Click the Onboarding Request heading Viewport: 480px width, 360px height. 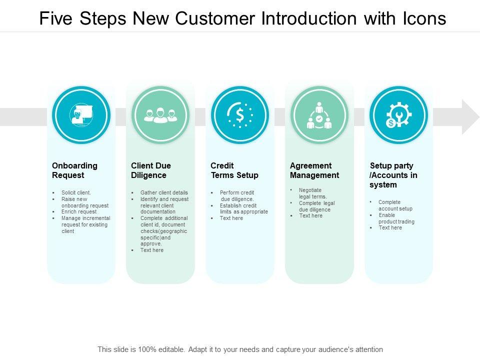(74, 170)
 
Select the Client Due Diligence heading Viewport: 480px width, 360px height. (151, 170)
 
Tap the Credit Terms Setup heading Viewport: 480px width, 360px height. (234, 170)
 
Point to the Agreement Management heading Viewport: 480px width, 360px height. (314, 170)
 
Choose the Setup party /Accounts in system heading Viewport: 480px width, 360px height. (393, 175)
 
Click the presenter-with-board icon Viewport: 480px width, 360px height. (81, 115)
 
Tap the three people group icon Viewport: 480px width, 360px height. (160, 115)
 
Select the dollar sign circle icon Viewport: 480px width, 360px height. (240, 115)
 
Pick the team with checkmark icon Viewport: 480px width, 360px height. (319, 115)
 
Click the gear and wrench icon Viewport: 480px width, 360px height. (398, 115)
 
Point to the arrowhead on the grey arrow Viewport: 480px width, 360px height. (470, 117)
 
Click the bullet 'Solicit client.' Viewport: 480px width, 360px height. (76, 192)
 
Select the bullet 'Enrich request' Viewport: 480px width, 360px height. (79, 212)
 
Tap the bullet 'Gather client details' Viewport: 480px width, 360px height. (164, 192)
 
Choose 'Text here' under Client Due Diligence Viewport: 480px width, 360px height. (152, 250)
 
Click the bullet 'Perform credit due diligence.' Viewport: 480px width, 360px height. (237, 195)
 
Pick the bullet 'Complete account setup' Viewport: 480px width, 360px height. (395, 205)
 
